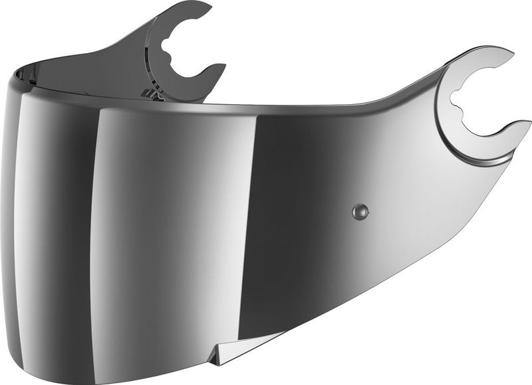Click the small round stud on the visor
tap(360, 212)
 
